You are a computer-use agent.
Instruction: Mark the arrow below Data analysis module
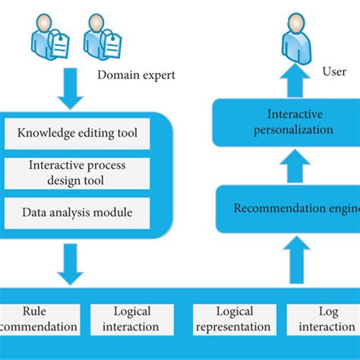[70, 264]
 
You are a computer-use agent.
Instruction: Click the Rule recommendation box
[38, 319]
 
